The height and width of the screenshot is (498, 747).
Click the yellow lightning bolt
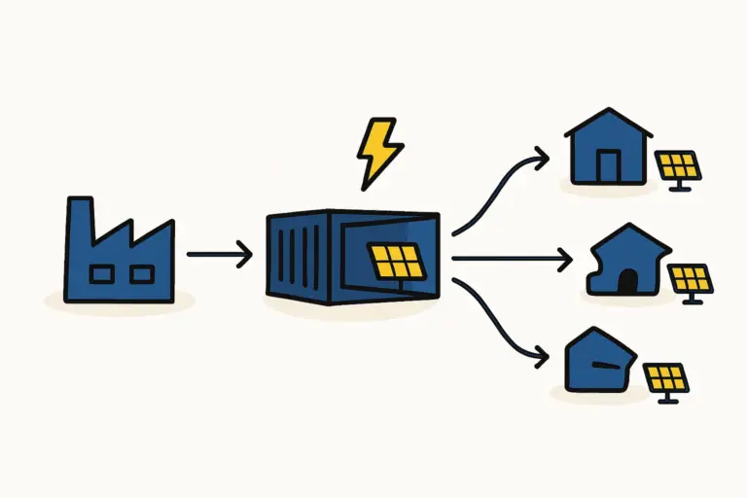click(x=378, y=152)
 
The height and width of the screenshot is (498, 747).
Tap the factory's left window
click(x=100, y=274)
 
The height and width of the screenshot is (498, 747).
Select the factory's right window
click(x=141, y=274)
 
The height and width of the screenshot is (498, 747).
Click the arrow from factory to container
click(x=219, y=255)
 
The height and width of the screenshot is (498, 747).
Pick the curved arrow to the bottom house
click(x=496, y=326)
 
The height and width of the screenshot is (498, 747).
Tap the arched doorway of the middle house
click(x=628, y=281)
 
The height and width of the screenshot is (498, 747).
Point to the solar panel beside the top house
click(x=678, y=165)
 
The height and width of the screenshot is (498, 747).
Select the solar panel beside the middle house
click(x=692, y=280)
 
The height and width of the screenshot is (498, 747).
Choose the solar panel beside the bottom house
click(x=667, y=377)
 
